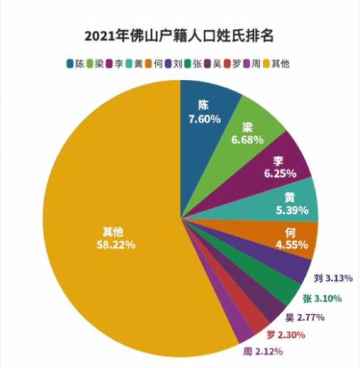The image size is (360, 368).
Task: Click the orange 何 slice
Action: tap(287, 239)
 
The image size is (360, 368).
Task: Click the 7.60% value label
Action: tap(204, 119)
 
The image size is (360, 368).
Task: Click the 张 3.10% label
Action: tap(322, 299)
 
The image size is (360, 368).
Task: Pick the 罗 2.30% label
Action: tap(286, 335)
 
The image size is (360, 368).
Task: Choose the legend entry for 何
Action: tap(155, 64)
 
